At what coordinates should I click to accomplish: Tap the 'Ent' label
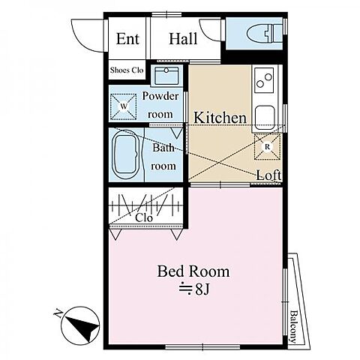coord(127,39)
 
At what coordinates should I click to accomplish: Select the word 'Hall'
coord(183,39)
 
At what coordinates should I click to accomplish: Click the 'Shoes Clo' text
coord(127,70)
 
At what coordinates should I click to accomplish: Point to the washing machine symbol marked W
coord(124,106)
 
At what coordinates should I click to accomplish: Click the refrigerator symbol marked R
coord(267,147)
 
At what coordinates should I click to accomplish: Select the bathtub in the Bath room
coord(126,154)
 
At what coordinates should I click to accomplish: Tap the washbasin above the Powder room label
coord(166,75)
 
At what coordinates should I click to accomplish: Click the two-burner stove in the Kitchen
coord(264,80)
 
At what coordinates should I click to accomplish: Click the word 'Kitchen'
coord(220,118)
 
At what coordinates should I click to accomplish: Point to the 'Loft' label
coord(268,175)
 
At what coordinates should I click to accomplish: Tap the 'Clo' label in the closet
coord(144,218)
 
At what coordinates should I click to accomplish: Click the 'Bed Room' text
coord(193,271)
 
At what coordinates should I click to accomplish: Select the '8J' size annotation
coord(202,289)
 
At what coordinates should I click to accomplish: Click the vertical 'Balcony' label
coord(293,326)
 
